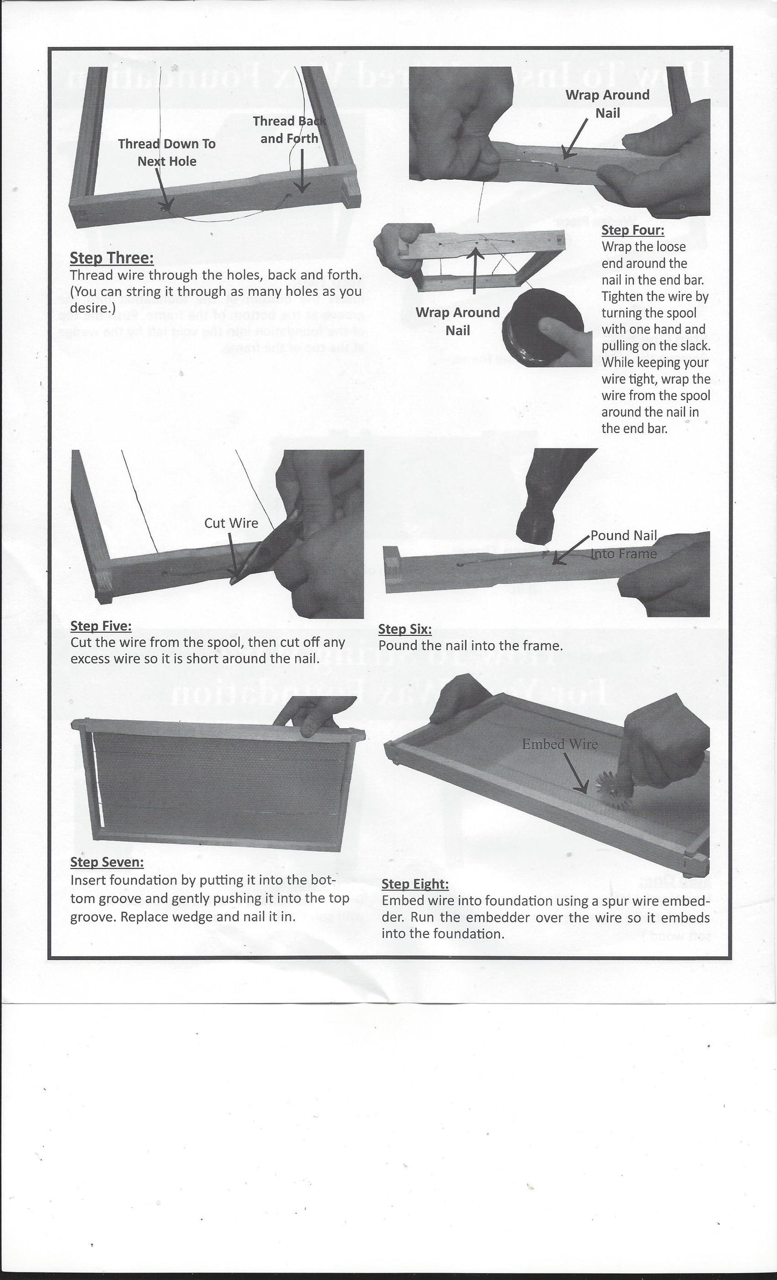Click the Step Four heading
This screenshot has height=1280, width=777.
pyautogui.click(x=633, y=230)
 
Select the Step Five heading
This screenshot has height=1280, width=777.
pyautogui.click(x=101, y=625)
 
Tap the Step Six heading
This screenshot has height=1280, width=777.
pyautogui.click(x=405, y=629)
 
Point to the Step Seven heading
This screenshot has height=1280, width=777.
pyautogui.click(x=107, y=862)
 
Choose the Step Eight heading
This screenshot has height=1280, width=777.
pyautogui.click(x=415, y=884)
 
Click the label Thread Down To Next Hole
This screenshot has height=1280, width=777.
pyautogui.click(x=167, y=152)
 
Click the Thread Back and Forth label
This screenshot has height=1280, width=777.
pyautogui.click(x=289, y=130)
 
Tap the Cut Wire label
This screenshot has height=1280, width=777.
pyautogui.click(x=231, y=523)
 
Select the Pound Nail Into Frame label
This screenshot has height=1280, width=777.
pyautogui.click(x=624, y=544)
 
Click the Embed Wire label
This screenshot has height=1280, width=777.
pyautogui.click(x=560, y=744)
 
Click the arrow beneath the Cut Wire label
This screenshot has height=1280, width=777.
pyautogui.click(x=233, y=554)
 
